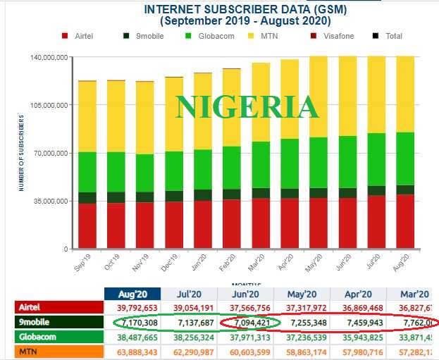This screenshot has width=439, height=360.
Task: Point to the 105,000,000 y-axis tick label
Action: [50, 105]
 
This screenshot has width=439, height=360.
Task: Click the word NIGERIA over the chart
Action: [247, 107]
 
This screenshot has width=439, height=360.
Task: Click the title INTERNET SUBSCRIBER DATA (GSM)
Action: [245, 9]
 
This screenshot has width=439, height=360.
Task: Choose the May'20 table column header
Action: [302, 294]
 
